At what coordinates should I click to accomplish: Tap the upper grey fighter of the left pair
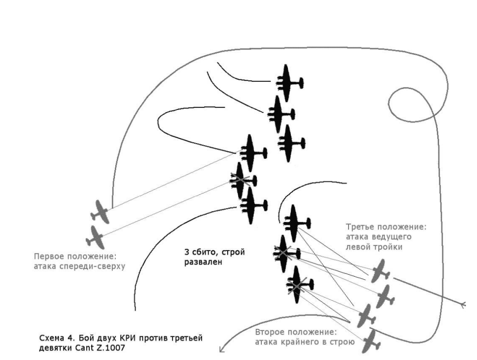click(100, 211)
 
